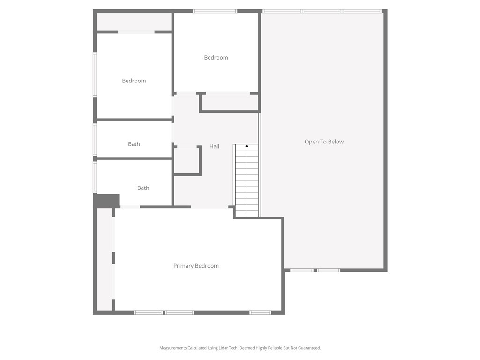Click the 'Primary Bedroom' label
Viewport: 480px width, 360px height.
tap(196, 266)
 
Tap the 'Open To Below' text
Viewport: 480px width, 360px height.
tap(324, 142)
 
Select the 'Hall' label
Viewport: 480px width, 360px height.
tap(214, 146)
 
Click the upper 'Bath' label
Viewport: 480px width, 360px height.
tap(134, 144)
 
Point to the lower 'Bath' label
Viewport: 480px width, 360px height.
tap(143, 188)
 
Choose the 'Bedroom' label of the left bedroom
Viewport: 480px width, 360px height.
tap(134, 81)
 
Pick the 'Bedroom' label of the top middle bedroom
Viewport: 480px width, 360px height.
tap(216, 58)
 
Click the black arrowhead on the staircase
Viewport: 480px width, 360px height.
tap(247, 146)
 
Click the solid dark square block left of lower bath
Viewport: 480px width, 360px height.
tap(106, 200)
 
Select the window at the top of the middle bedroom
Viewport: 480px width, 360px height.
tap(215, 11)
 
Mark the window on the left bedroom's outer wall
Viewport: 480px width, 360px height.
tap(95, 75)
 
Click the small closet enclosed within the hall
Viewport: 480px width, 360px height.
tap(187, 161)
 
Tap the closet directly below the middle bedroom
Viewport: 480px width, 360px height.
tap(230, 102)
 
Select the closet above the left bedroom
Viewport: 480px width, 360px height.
tap(134, 22)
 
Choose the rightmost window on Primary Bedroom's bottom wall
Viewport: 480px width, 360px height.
tap(260, 312)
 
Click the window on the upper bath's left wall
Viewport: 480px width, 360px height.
tap(95, 139)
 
